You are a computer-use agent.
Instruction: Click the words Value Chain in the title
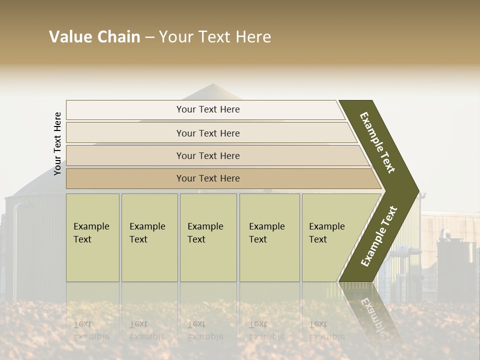(94, 37)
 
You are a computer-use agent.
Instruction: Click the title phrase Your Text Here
(215, 37)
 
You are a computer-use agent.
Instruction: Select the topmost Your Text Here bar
(208, 109)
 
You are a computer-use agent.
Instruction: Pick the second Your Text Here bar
(208, 133)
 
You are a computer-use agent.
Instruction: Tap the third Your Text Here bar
(208, 155)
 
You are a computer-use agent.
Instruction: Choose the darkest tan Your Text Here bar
(208, 178)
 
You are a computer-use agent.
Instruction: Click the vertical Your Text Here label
(57, 143)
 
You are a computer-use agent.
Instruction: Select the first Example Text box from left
(92, 237)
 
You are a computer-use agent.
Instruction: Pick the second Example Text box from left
(149, 237)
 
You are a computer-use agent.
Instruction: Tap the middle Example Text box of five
(208, 237)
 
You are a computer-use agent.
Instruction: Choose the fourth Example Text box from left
(269, 237)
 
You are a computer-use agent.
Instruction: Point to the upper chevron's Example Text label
(377, 142)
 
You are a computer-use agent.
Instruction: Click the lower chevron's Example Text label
(378, 236)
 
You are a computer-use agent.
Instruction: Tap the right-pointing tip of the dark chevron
(417, 191)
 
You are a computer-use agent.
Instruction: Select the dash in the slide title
(149, 37)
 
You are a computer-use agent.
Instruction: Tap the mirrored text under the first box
(91, 330)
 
